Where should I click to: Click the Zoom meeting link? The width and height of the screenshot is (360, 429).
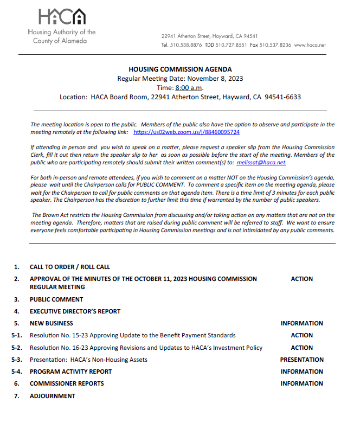pyautogui.click(x=187, y=132)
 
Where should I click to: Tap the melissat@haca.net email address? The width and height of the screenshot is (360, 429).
pyautogui.click(x=261, y=162)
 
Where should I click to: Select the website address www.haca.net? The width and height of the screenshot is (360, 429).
pyautogui.click(x=310, y=45)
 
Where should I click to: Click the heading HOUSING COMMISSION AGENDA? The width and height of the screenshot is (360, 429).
pyautogui.click(x=180, y=69)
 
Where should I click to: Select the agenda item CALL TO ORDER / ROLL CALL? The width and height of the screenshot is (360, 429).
pyautogui.click(x=69, y=267)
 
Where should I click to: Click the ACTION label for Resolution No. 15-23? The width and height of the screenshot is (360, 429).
pyautogui.click(x=301, y=335)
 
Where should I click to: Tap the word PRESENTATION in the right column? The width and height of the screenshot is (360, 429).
pyautogui.click(x=301, y=360)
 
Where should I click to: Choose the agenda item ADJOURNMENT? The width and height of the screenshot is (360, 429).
pyautogui.click(x=53, y=396)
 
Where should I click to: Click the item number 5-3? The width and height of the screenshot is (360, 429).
pyautogui.click(x=17, y=360)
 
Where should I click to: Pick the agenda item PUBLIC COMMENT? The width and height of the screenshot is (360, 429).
pyautogui.click(x=56, y=299)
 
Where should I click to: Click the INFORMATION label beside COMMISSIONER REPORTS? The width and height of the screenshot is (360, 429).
pyautogui.click(x=301, y=383)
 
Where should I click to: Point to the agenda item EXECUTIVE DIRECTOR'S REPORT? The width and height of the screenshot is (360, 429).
pyautogui.click(x=75, y=311)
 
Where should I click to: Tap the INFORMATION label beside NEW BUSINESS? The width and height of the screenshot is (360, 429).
pyautogui.click(x=301, y=323)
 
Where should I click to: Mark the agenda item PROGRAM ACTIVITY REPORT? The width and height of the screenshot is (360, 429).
pyautogui.click(x=70, y=372)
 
